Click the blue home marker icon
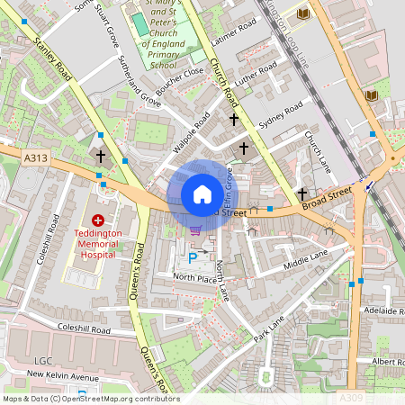[202, 194]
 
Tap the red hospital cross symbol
[97, 220]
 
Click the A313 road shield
[35, 158]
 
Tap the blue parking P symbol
[192, 259]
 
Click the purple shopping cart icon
[195, 230]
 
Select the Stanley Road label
[52, 61]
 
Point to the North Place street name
[195, 279]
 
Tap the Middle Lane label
[306, 260]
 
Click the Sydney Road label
[280, 116]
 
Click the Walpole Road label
[191, 132]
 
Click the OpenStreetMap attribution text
[90, 399]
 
